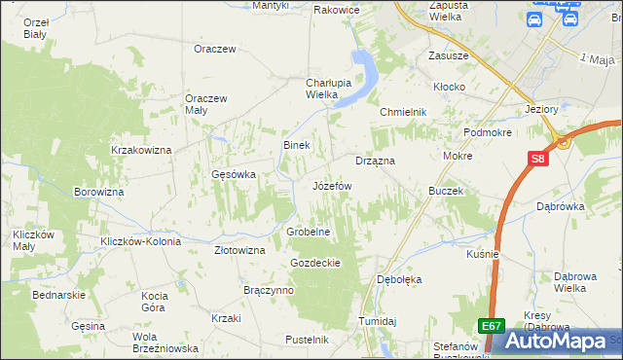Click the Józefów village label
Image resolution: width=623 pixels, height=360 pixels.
click(331, 185)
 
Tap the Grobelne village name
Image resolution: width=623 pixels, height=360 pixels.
click(310, 233)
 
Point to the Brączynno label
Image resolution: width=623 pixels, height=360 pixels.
click(267, 290)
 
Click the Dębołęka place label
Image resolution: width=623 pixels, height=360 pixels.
click(399, 279)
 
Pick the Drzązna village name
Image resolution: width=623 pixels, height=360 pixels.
click(375, 161)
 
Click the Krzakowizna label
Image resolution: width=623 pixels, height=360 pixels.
click(141, 150)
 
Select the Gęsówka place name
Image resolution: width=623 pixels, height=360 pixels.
click(234, 175)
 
